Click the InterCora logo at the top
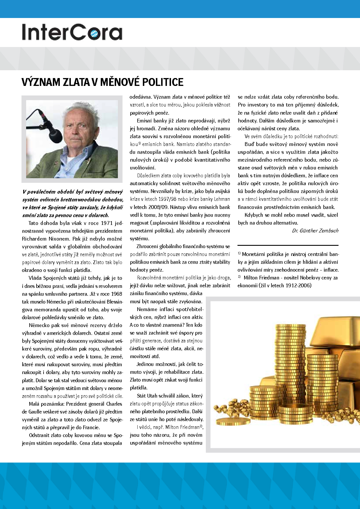[x=72, y=32]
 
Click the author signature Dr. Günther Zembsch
[x=315, y=231]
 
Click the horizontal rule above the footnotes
[x=288, y=246]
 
